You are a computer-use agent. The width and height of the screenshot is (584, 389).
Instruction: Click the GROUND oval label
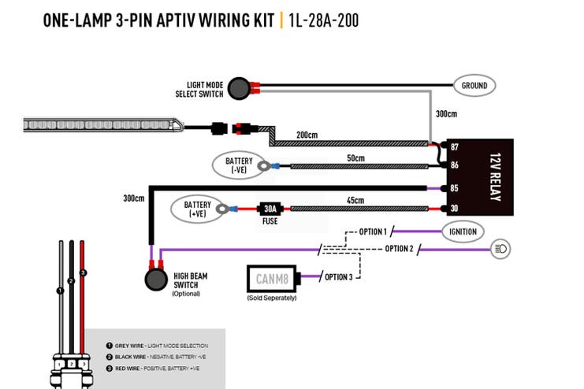[x=474, y=86]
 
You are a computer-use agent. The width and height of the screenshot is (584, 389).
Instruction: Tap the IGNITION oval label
[x=463, y=232]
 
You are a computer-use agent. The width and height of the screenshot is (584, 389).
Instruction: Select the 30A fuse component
[x=270, y=209]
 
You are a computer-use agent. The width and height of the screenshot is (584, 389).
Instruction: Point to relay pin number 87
[x=455, y=147]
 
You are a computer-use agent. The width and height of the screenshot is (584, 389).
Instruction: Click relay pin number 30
[x=455, y=208]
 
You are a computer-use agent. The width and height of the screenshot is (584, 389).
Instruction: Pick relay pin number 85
[x=455, y=188]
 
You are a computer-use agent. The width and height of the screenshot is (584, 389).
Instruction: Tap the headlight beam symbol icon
[x=500, y=249]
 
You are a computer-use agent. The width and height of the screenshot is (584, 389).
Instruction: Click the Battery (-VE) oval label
[x=239, y=165]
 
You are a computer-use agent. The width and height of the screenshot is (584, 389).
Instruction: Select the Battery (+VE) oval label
[x=197, y=209]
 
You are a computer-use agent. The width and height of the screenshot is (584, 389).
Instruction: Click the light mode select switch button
[x=239, y=89]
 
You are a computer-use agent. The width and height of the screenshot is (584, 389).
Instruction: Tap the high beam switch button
[x=156, y=280]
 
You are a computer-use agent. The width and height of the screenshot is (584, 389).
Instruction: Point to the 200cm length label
[x=307, y=135]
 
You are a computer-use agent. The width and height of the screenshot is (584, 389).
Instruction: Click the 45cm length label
[x=355, y=200]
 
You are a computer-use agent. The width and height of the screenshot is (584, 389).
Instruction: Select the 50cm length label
[x=355, y=157]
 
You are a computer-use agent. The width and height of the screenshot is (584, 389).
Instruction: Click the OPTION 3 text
[x=339, y=277]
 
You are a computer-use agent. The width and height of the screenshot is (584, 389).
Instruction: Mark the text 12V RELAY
[x=496, y=177]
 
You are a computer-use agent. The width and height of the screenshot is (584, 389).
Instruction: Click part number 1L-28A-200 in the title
[x=324, y=20]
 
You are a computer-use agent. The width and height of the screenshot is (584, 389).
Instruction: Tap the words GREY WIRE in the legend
[x=129, y=346]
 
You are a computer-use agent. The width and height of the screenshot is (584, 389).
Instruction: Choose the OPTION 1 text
[x=373, y=232]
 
